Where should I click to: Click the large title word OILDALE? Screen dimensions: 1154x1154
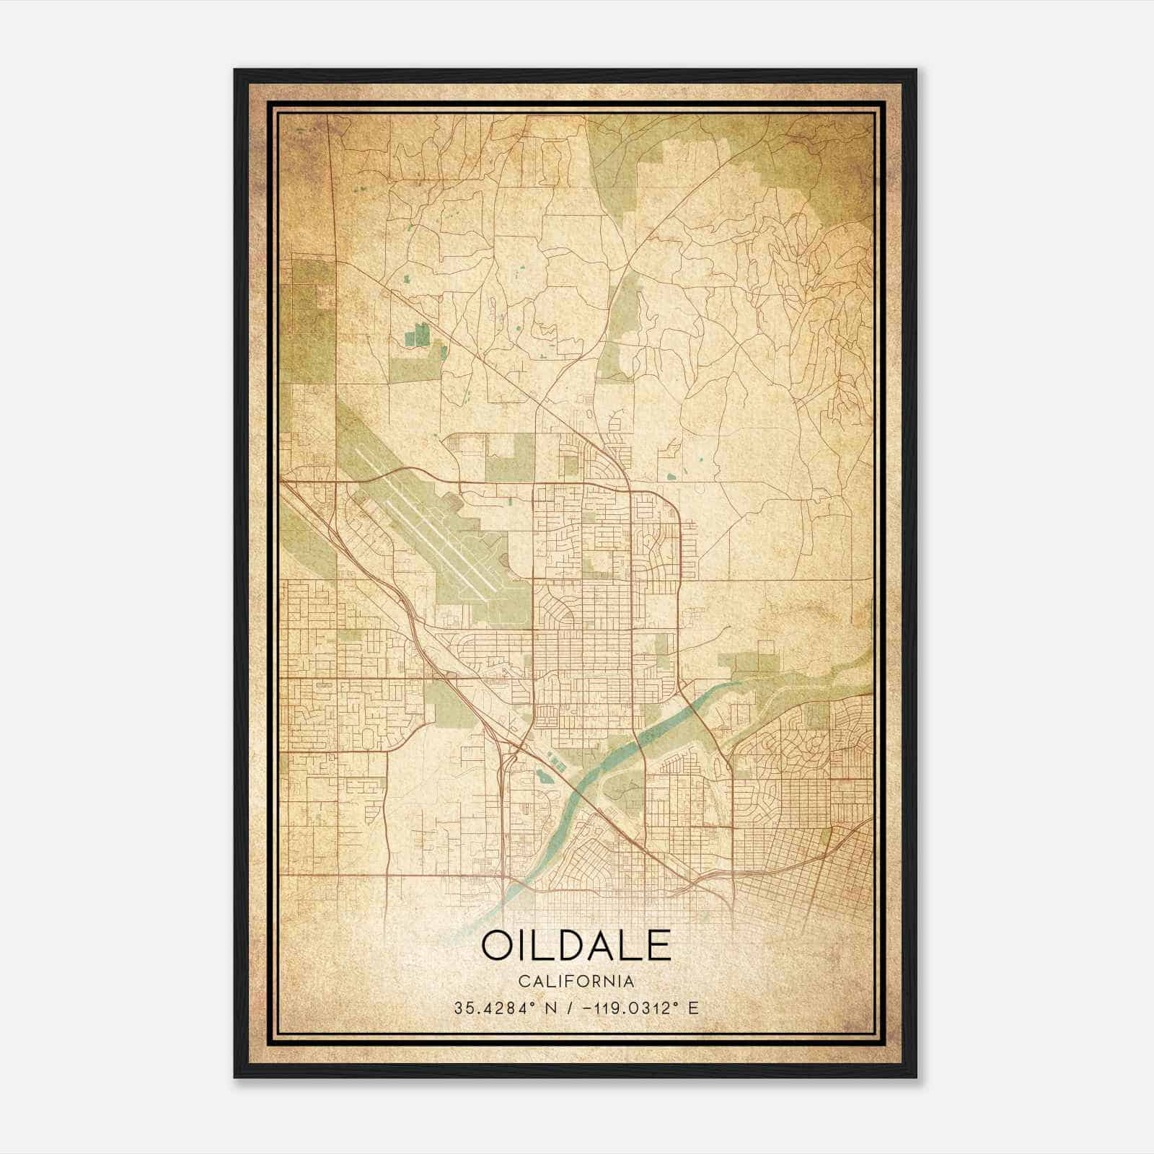[576, 946]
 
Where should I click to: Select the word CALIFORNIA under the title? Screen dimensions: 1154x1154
[576, 982]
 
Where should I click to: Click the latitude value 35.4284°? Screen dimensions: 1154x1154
[495, 1008]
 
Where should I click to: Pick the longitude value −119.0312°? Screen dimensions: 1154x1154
[625, 1008]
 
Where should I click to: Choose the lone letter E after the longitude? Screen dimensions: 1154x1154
[694, 1008]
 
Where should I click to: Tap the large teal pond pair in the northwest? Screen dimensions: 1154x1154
[418, 336]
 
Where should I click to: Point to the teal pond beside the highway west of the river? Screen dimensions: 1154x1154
[541, 776]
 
